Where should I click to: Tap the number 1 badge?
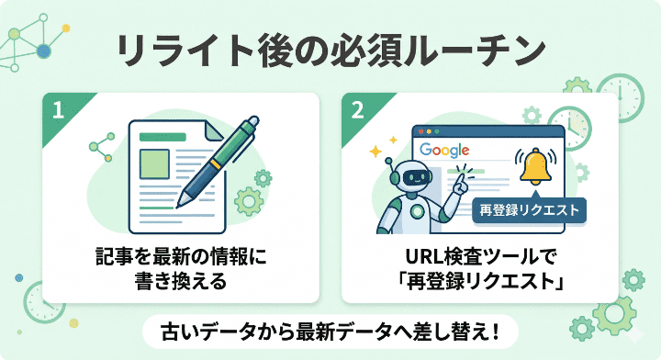[59, 110]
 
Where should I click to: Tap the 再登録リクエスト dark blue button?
[529, 209]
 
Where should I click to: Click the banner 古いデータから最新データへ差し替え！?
[330, 329]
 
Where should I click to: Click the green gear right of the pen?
[249, 200]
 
